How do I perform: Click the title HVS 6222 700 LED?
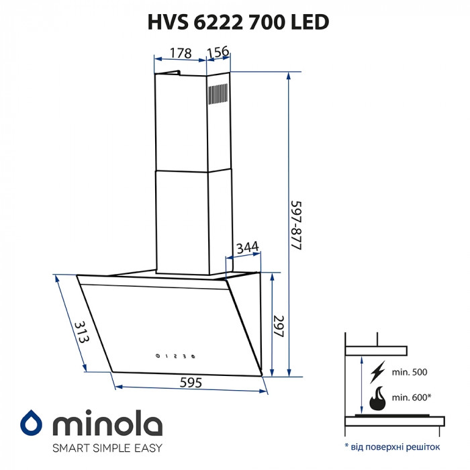click(x=238, y=22)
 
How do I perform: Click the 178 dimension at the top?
click(x=179, y=53)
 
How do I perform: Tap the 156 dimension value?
click(x=217, y=53)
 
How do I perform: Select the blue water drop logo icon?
click(x=30, y=422)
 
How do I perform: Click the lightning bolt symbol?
click(x=378, y=372)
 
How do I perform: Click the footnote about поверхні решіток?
click(x=392, y=446)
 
